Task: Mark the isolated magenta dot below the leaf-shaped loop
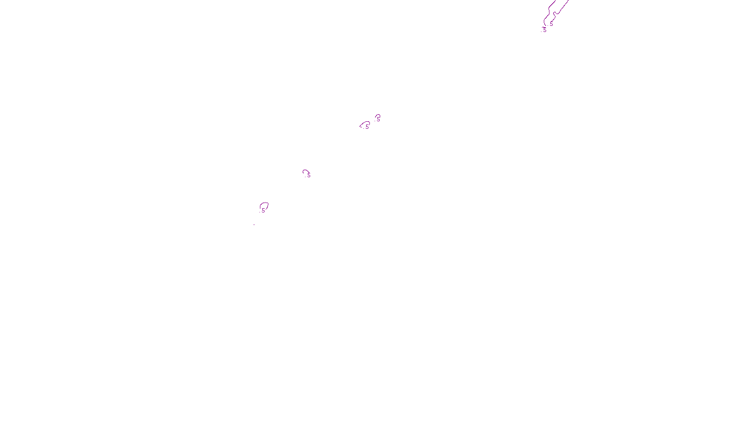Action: pos(254,224)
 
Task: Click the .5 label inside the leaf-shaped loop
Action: pos(263,211)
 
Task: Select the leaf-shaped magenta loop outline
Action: pos(266,204)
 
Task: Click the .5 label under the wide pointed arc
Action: pos(367,126)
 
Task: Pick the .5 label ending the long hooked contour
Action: pos(551,24)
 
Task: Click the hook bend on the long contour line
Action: pos(555,13)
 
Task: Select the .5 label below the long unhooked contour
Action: pos(544,30)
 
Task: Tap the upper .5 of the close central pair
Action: pos(378,119)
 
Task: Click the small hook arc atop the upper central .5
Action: pos(377,115)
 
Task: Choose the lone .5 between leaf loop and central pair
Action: pos(308,175)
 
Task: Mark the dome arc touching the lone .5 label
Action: pos(305,171)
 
